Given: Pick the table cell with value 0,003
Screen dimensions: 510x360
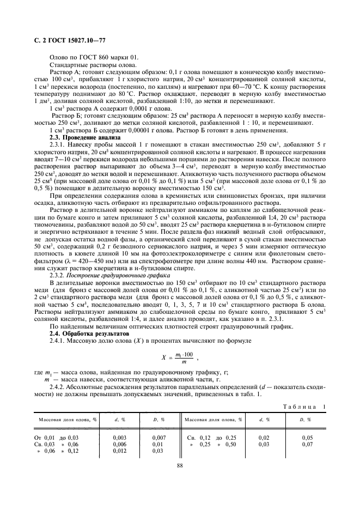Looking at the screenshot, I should click(119, 437).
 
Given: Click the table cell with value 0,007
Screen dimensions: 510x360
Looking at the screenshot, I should click(158, 437).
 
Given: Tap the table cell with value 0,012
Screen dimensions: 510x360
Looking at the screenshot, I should click(119, 451).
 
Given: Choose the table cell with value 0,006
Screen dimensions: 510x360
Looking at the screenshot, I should click(119, 444).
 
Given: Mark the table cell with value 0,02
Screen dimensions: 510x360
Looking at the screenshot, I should click(264, 437).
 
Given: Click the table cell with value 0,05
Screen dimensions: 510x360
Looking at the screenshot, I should click(307, 437).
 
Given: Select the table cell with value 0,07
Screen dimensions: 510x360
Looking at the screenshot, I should click(307, 444).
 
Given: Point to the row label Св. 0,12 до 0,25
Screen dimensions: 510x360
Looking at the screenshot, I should click(213, 437).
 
